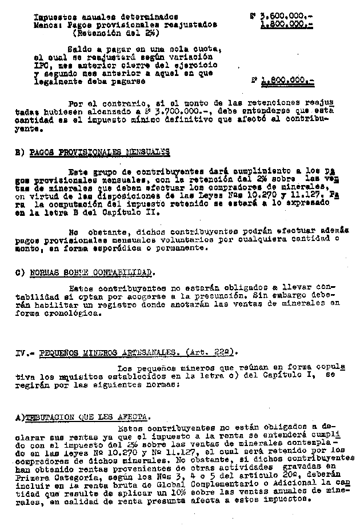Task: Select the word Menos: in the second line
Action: (x=47, y=25)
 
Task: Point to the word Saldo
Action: (x=80, y=50)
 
